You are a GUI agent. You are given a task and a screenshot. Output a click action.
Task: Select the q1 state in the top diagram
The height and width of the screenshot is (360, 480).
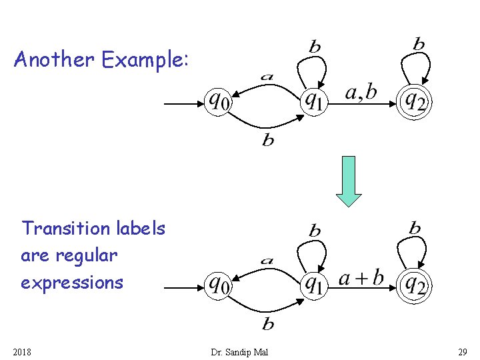(313, 101)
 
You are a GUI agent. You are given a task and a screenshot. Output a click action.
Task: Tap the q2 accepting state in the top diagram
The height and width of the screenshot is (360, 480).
(415, 101)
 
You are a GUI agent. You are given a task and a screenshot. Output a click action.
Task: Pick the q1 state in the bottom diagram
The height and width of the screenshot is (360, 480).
(313, 285)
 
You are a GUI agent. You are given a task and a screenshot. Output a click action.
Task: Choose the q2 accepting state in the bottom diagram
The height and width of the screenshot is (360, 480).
(415, 285)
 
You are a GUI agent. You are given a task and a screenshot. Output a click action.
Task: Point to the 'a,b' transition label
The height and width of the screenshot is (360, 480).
(360, 93)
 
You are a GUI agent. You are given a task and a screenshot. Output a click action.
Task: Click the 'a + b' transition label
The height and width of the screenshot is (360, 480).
(361, 277)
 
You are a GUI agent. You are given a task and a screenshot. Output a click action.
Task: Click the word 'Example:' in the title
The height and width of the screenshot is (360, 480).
(145, 61)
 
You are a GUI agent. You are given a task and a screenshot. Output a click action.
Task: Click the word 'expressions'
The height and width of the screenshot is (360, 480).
(72, 283)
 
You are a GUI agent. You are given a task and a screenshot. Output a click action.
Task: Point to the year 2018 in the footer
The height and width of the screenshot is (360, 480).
(23, 351)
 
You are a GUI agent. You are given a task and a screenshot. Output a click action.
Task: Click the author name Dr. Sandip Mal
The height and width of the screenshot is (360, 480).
(239, 351)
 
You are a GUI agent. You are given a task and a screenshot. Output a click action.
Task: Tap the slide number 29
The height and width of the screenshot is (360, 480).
(463, 351)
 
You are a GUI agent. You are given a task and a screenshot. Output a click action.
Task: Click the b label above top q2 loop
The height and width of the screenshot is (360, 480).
(419, 45)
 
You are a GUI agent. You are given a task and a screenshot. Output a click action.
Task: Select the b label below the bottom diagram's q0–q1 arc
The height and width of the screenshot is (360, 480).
(268, 325)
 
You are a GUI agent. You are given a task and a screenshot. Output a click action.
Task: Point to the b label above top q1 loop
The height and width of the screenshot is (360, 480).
(315, 46)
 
